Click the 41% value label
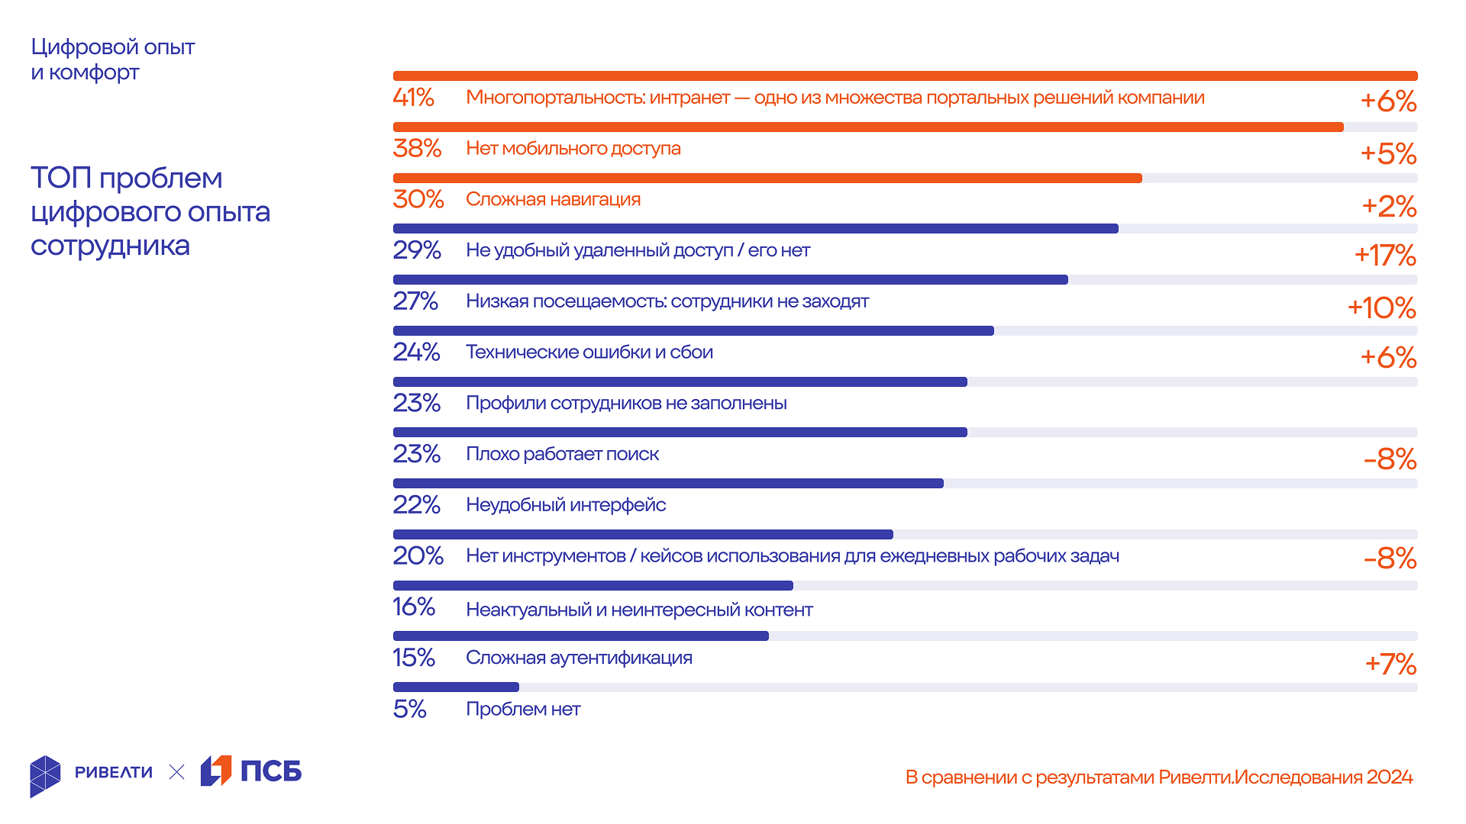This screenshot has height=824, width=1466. click(413, 98)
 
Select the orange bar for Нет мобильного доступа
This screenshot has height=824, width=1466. click(867, 127)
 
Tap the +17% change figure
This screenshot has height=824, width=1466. click(1385, 256)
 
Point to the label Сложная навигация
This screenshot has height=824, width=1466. click(553, 199)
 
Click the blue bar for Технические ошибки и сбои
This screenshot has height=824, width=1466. click(693, 330)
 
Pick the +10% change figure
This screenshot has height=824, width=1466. click(1381, 308)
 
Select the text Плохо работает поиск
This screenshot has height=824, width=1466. click(562, 454)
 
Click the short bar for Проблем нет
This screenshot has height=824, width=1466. click(456, 687)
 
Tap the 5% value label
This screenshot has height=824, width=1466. click(409, 710)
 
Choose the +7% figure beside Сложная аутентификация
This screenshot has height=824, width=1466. click(1390, 664)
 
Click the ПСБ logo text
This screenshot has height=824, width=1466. click(271, 771)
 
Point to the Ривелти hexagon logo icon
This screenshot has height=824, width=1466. click(45, 776)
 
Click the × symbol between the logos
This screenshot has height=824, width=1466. click(176, 772)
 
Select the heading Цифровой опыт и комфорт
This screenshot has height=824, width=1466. click(112, 60)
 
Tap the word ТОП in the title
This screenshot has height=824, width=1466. click(60, 178)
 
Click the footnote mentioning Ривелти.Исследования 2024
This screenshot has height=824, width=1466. click(1158, 777)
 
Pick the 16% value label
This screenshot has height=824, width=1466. click(413, 607)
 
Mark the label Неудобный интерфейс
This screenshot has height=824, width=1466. click(566, 505)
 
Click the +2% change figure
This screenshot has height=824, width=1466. click(1389, 206)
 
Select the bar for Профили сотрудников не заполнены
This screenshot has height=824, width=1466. click(680, 381)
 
